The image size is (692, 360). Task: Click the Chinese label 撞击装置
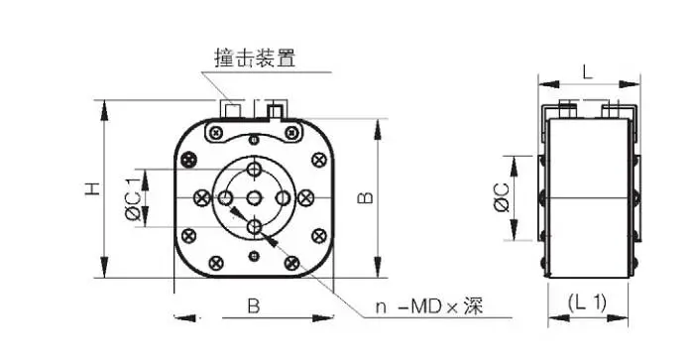coord(255,58)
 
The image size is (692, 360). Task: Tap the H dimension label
coord(92,188)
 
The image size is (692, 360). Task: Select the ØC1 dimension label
coord(133,197)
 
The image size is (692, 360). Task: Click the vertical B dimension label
coord(365,197)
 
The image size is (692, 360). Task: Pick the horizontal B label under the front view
coord(254,306)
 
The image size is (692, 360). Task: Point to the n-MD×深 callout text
coord(429,306)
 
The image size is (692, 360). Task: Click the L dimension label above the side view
coord(587,71)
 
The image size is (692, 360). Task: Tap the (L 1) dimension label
coord(587,302)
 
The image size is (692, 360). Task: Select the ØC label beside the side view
coord(502,197)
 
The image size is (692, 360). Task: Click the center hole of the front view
coord(254,198)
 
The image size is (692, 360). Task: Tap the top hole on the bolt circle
coord(254,169)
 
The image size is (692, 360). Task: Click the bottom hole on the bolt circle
coord(254,227)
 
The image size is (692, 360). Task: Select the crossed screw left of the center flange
coord(202,198)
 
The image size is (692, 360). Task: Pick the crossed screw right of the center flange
coord(304,198)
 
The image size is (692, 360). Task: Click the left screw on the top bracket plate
coord(216,132)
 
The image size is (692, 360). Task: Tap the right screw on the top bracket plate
coord(291,132)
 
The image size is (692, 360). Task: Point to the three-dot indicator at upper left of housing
coord(189,159)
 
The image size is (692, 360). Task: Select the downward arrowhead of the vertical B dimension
coord(378,268)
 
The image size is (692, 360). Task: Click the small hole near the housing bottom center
coord(254,255)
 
